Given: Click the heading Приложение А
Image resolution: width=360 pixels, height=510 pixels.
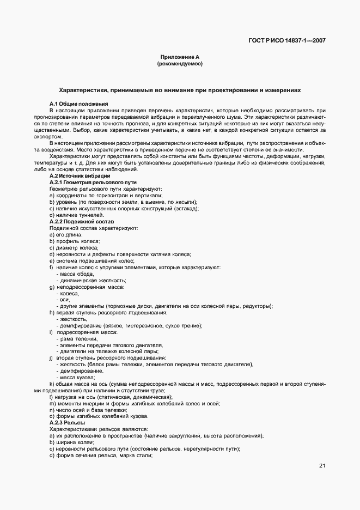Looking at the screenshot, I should [179, 57].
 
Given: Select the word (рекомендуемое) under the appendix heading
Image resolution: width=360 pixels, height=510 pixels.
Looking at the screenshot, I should [179, 64].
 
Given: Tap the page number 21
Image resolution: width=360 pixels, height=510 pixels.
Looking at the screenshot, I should [322, 465].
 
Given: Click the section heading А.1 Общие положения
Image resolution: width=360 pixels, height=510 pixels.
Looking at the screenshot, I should [78, 104].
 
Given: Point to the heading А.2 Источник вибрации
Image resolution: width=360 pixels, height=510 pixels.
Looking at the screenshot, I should [80, 175].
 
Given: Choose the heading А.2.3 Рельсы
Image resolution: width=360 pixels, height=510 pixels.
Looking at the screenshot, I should [67, 423].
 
